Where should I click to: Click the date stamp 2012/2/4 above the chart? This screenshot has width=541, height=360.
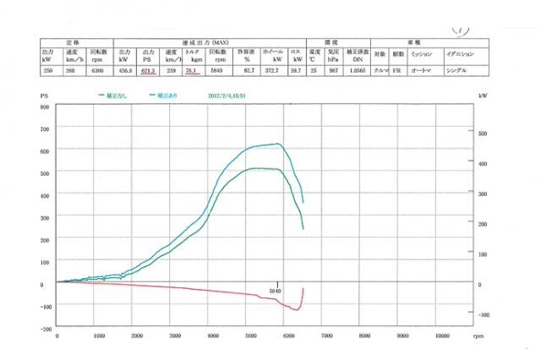(x=230, y=96)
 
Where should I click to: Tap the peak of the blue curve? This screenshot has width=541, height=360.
(x=279, y=144)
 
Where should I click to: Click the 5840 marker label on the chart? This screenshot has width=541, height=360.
(x=276, y=292)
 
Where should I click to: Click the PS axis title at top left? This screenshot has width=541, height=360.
(x=45, y=98)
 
